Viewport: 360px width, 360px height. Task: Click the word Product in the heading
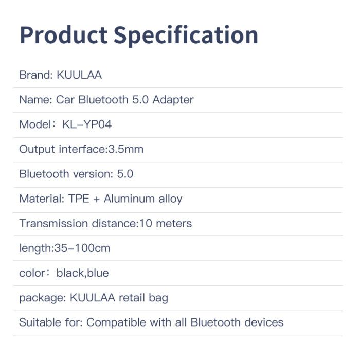click(x=64, y=35)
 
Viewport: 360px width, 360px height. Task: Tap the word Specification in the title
click(x=186, y=36)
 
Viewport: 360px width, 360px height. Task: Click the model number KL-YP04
click(x=87, y=124)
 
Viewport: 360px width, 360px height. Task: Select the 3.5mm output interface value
click(x=126, y=149)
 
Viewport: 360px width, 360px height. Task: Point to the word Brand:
click(x=36, y=75)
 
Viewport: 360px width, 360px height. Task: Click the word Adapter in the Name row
click(x=173, y=100)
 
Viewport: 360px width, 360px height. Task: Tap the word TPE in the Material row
click(x=79, y=199)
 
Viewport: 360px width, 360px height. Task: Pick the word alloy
click(x=170, y=199)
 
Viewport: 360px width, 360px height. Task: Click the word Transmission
click(x=53, y=223)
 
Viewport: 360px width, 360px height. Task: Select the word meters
click(x=174, y=224)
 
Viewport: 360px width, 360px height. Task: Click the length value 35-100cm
click(x=82, y=248)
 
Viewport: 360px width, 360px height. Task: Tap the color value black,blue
click(x=83, y=273)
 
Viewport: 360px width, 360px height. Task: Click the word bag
click(x=158, y=298)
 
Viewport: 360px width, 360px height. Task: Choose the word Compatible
click(x=116, y=323)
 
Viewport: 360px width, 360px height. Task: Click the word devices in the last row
click(x=264, y=322)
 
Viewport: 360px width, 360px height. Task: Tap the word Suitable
click(x=40, y=322)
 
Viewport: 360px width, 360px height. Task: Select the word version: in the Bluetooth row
click(x=93, y=174)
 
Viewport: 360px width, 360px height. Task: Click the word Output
click(x=37, y=150)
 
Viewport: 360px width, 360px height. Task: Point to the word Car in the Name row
click(x=65, y=100)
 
